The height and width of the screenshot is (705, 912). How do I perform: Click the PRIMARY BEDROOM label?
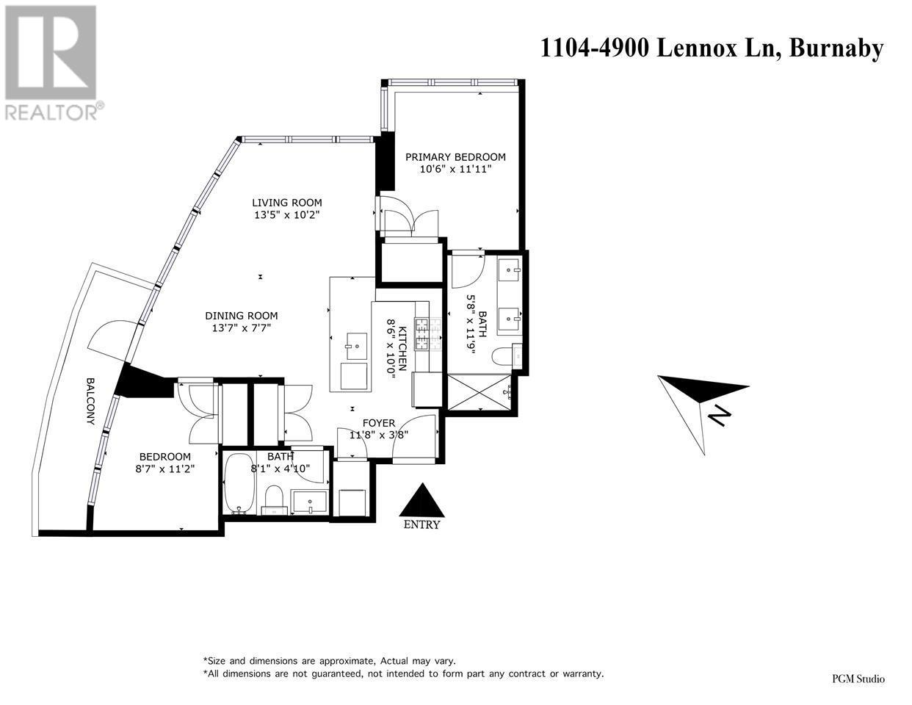[x=455, y=156]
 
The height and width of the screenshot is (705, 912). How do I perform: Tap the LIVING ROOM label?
[x=286, y=203]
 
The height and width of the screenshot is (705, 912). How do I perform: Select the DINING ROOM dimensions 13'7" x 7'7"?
[x=241, y=328]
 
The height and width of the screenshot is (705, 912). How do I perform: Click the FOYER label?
[x=379, y=423]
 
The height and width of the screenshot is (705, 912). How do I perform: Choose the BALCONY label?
[x=90, y=402]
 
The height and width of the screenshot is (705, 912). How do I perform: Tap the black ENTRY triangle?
[x=421, y=502]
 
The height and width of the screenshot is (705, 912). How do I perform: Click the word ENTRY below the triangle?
[x=421, y=524]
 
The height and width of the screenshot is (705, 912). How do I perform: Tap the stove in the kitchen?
[x=423, y=334]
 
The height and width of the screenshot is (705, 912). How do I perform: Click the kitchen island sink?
[x=357, y=342]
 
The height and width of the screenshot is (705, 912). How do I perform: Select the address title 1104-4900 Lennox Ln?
[x=711, y=48]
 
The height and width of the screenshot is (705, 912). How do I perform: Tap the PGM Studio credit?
[x=858, y=679]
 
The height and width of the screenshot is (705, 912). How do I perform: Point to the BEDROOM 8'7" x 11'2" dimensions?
[x=164, y=468]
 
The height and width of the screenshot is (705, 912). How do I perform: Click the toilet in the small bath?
[x=274, y=498]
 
